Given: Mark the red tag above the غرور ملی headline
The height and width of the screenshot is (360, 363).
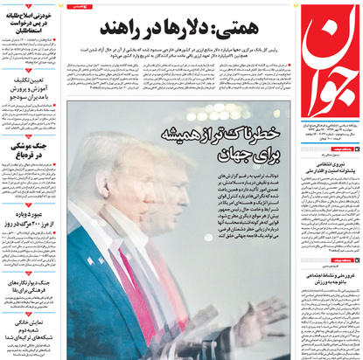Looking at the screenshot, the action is [x=344, y=260].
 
